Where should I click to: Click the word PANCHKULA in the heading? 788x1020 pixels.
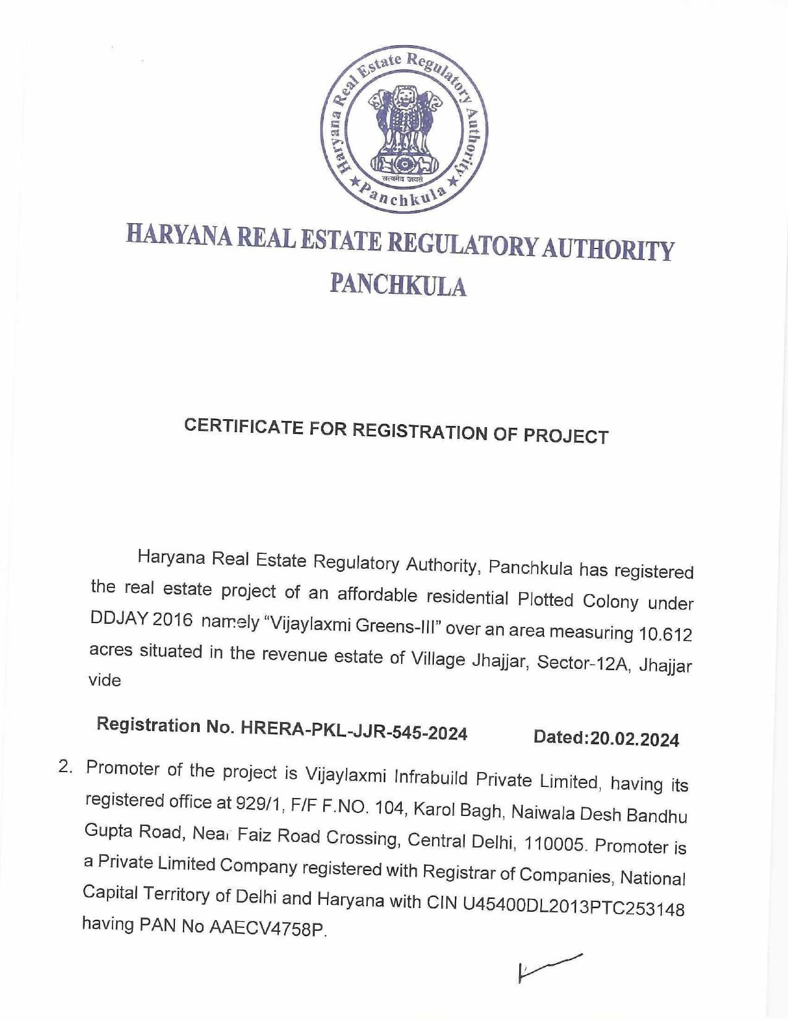398,285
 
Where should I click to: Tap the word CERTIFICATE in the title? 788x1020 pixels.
242,427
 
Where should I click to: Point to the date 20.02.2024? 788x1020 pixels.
634,739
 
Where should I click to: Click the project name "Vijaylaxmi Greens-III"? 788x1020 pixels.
350,626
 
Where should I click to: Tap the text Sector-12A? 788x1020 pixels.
583,663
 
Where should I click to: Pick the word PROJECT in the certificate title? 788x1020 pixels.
566,436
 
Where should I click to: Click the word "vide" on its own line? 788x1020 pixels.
105,680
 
